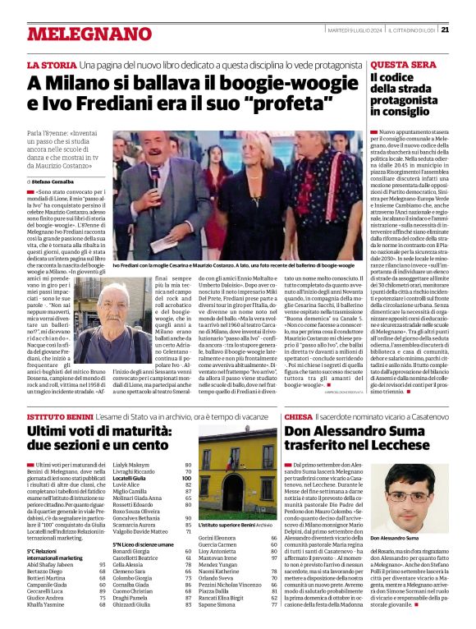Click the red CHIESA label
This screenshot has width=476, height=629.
(299, 417)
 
